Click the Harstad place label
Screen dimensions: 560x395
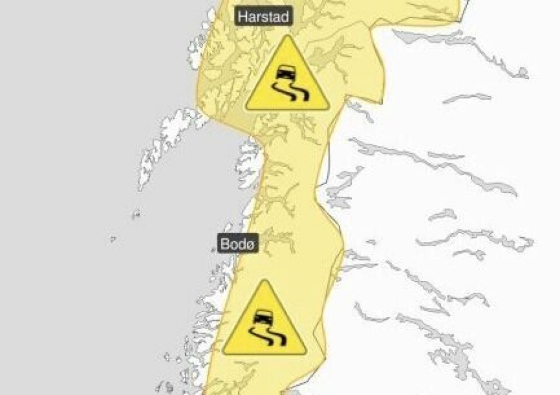264,16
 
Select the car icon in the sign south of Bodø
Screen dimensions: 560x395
264,318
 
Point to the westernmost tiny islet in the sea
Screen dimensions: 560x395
112,238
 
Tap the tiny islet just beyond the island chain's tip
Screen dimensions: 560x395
136,214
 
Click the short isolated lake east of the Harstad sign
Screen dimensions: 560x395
467,98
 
